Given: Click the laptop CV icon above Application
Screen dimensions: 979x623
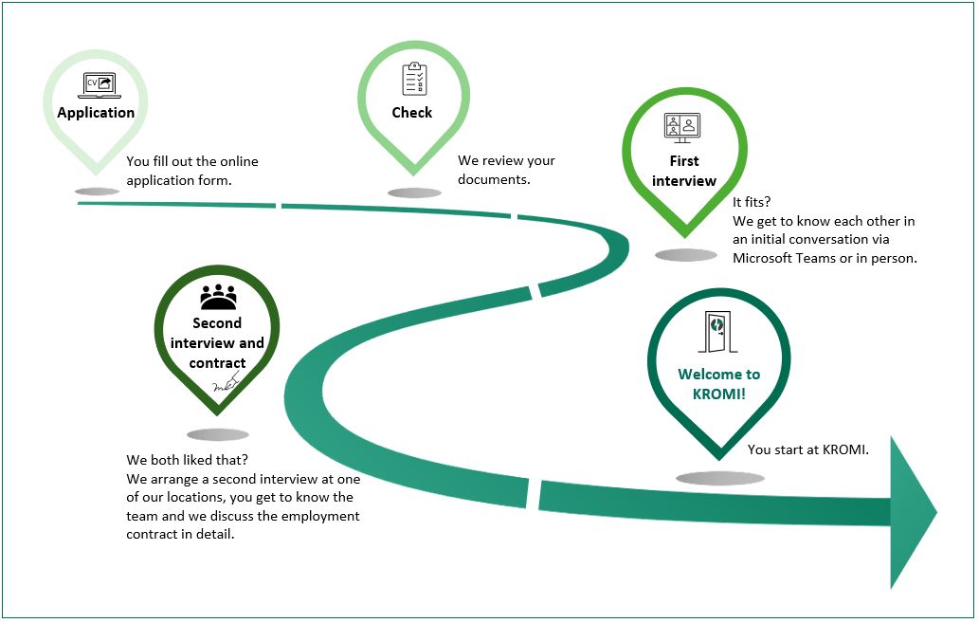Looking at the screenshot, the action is tap(100, 85).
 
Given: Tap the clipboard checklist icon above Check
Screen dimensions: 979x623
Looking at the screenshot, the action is tap(414, 78).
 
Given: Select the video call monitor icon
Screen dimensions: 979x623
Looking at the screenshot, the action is tap(681, 128).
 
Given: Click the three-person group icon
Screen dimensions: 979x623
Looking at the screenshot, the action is tap(219, 297).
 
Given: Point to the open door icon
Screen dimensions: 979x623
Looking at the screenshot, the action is tap(718, 332).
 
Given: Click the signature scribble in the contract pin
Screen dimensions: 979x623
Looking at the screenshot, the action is tap(227, 382).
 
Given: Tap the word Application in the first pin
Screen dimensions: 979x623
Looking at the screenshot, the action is tap(96, 113).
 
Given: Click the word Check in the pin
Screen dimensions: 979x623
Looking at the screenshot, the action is tap(412, 113).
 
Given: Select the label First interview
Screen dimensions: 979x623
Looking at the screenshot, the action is tap(684, 171).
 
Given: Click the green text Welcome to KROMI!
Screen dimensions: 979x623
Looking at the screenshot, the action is tap(718, 384).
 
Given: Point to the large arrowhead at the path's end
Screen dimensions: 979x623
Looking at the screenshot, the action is tap(913, 512).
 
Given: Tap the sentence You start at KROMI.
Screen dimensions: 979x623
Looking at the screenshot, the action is tap(807, 449).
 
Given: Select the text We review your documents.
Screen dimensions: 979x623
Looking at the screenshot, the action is tap(506, 170).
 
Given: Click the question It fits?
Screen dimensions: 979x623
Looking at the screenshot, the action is tap(752, 202).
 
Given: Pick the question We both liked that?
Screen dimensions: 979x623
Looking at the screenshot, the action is tap(188, 461).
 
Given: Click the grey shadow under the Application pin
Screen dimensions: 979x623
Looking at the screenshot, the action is tap(97, 192).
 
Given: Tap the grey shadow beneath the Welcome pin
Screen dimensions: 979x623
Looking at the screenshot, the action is tap(720, 479).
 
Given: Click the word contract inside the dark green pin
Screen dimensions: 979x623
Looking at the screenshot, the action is tap(217, 363).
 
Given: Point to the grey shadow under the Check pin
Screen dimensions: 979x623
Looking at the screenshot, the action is tap(414, 193).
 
